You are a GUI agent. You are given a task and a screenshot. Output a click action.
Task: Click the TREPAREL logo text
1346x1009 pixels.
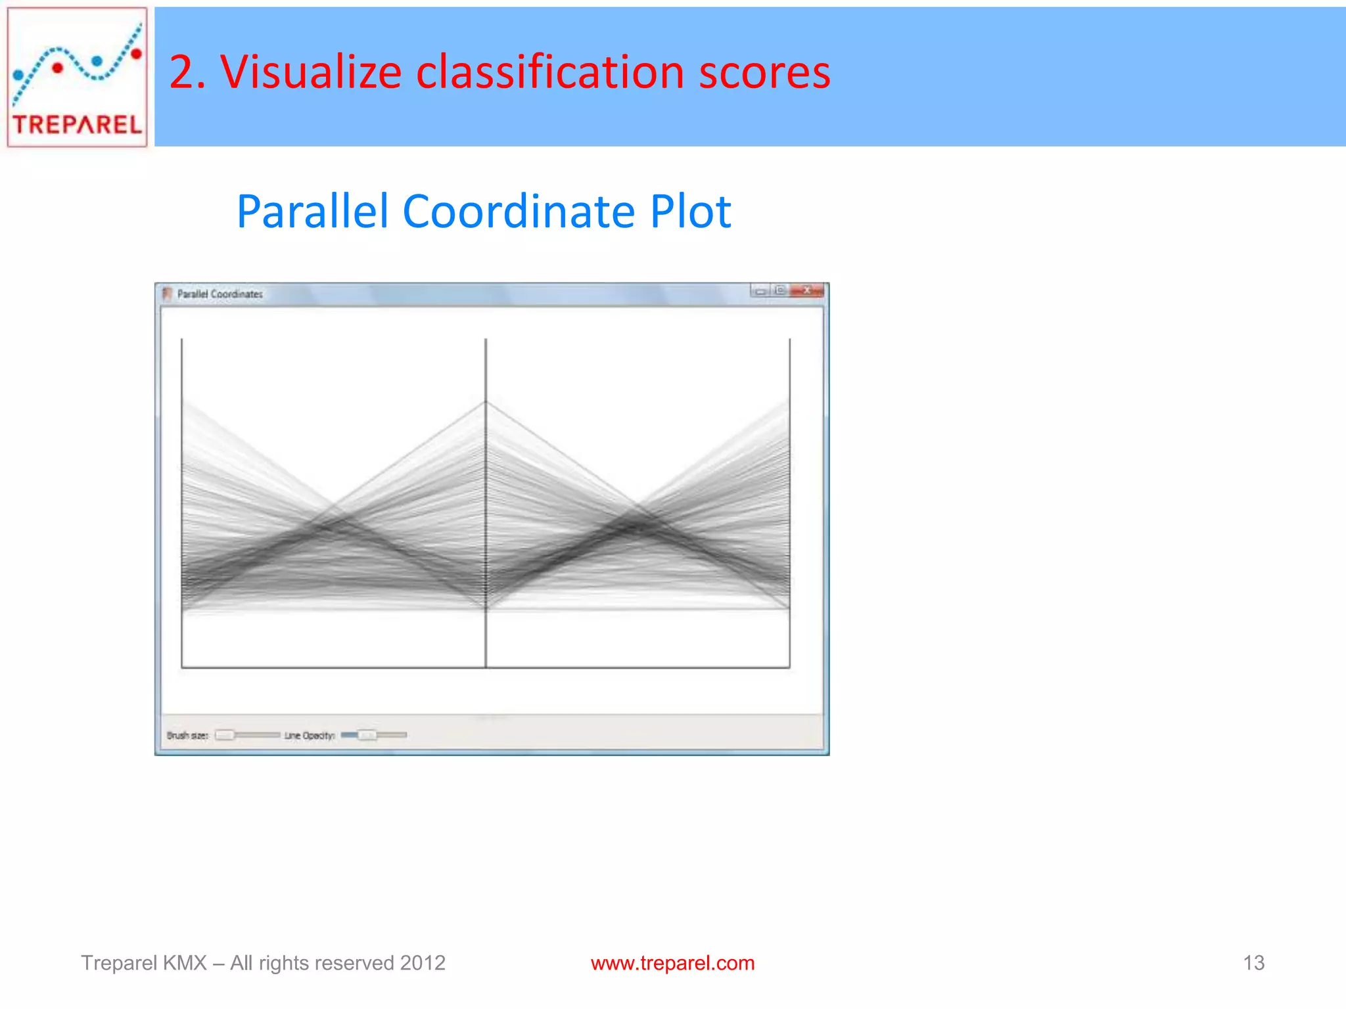point(77,124)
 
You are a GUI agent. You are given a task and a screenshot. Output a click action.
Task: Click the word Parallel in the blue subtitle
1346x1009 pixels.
point(312,212)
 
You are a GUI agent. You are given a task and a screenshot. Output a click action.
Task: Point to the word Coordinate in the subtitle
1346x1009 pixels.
point(518,212)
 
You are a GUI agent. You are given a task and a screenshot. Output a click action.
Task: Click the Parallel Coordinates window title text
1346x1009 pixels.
point(220,294)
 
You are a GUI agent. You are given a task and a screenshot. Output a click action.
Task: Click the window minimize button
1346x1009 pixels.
point(760,291)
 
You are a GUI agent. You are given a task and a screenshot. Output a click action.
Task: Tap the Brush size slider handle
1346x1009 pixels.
point(225,734)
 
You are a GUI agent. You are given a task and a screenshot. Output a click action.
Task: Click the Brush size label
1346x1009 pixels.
point(187,735)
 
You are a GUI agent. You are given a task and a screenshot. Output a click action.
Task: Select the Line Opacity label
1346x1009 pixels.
point(310,735)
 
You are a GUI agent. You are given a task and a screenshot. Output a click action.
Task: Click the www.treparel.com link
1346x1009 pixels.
point(672,963)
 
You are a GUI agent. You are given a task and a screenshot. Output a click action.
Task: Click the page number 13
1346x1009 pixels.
point(1253,963)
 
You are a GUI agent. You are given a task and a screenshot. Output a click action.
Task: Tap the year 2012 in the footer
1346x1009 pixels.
point(423,963)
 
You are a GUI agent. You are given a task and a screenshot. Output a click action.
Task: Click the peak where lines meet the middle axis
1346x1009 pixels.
point(486,401)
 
